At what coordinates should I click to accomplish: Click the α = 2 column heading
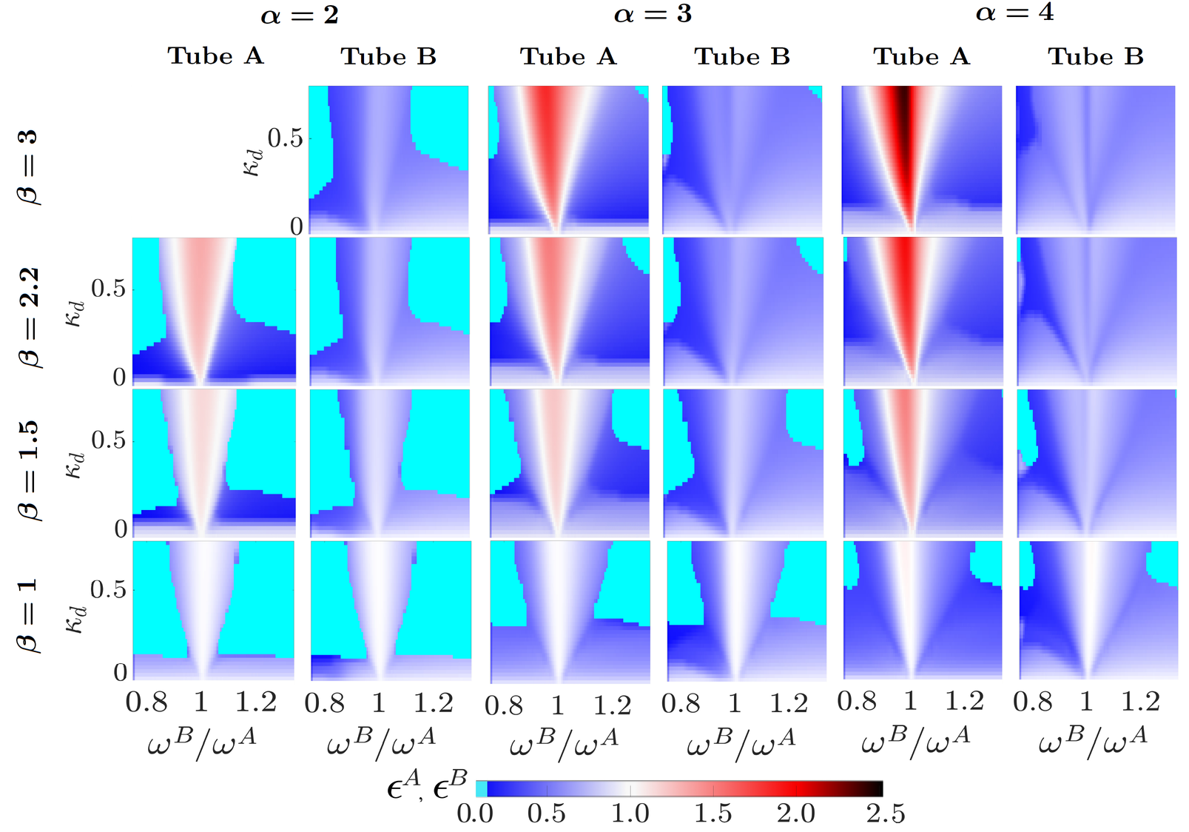pyautogui.click(x=299, y=15)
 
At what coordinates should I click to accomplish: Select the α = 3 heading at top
pyautogui.click(x=653, y=14)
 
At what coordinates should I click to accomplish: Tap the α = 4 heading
pyautogui.click(x=1014, y=13)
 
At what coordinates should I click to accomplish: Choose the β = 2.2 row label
pyautogui.click(x=28, y=318)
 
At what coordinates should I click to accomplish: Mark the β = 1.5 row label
pyautogui.click(x=28, y=470)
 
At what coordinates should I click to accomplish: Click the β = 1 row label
pyautogui.click(x=27, y=616)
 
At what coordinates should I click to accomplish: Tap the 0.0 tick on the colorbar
pyautogui.click(x=474, y=813)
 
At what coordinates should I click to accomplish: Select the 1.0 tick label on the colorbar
pyautogui.click(x=630, y=813)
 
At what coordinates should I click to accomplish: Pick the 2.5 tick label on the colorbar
pyautogui.click(x=885, y=813)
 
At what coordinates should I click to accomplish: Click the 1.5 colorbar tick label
pyautogui.click(x=712, y=813)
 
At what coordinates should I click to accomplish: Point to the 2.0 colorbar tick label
pyautogui.click(x=795, y=813)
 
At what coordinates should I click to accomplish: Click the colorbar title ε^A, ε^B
pyautogui.click(x=427, y=785)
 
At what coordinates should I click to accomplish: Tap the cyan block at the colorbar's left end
pyautogui.click(x=481, y=788)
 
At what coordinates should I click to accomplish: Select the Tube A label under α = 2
pyautogui.click(x=215, y=56)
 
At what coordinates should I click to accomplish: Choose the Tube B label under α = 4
pyautogui.click(x=1095, y=56)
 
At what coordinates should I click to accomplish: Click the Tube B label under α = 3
pyautogui.click(x=741, y=56)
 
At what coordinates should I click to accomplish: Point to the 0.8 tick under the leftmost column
pyautogui.click(x=146, y=702)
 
